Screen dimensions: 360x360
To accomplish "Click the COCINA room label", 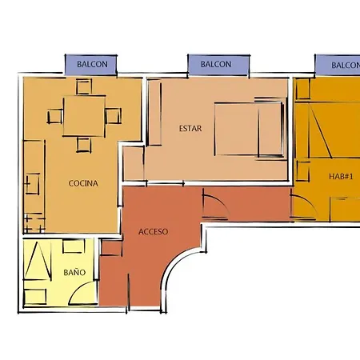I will click(83, 183).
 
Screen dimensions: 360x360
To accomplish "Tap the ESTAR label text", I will click(189, 127).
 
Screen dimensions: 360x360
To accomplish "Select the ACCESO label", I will click(153, 231).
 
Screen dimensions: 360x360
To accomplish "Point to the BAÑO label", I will click(74, 272).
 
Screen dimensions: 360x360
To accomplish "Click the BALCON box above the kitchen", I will click(91, 64).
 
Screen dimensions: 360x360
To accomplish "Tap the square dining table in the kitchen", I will click(84, 116).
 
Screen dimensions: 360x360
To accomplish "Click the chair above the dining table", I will click(84, 86).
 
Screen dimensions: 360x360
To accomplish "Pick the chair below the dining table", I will click(84, 145).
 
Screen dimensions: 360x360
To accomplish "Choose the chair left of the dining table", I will click(54, 116).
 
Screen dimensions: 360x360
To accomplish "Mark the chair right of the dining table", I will click(113, 116).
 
